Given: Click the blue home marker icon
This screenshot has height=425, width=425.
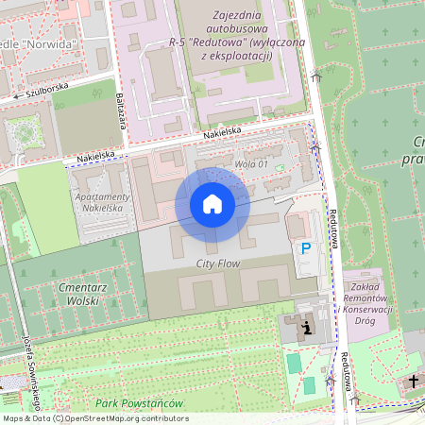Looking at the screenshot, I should point(212,204).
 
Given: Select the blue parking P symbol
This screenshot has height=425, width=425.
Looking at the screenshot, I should point(305,248).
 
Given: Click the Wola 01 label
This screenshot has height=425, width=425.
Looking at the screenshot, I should point(252,165).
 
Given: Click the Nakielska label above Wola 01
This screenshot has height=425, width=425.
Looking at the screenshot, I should point(222,133).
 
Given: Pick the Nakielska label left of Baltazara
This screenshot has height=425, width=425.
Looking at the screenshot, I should point(95,152).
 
